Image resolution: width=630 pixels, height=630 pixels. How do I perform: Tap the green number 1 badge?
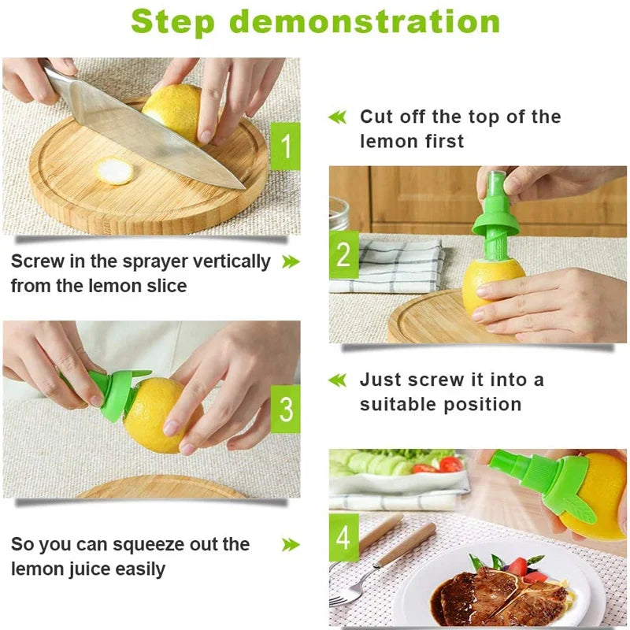coord(285,146)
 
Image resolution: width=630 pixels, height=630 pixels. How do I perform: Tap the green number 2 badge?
coord(343,255)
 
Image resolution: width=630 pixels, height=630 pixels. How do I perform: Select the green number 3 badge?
coord(285,409)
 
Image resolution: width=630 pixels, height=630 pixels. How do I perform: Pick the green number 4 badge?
coord(343,538)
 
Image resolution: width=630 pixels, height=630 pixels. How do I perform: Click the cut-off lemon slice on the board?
coord(116,171)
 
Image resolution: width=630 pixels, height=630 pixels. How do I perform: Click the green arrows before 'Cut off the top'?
coord(337,117)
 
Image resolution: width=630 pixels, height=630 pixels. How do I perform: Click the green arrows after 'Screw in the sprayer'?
coord(291,261)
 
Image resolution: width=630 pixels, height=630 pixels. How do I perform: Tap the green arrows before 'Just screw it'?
coord(337,380)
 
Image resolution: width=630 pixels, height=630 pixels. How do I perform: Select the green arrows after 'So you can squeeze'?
coord(291,544)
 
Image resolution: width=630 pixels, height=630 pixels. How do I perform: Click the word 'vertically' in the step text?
coord(233,261)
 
